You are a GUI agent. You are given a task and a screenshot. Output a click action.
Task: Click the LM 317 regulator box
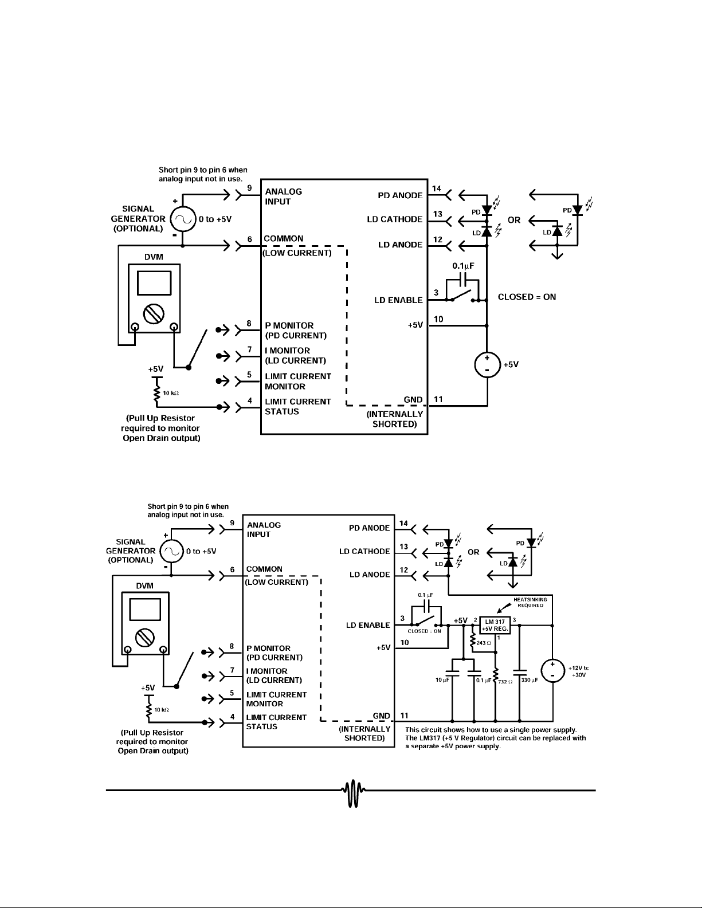click(495, 626)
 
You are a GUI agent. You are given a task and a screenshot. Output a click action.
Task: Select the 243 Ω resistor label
click(484, 643)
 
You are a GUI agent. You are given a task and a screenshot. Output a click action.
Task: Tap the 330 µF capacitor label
click(530, 680)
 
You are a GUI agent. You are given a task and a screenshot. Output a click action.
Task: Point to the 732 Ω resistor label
click(505, 682)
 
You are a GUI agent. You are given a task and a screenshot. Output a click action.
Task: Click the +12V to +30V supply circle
click(553, 670)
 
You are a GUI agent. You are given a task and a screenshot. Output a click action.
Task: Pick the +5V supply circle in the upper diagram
click(487, 364)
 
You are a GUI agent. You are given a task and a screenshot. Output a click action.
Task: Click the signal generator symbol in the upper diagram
click(183, 218)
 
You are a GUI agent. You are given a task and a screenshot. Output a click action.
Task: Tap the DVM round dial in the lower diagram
click(144, 637)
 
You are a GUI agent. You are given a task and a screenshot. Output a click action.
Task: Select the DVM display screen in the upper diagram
click(154, 283)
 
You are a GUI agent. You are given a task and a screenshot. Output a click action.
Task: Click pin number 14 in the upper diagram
click(436, 189)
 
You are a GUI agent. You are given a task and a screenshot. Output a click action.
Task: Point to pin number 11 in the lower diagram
click(404, 716)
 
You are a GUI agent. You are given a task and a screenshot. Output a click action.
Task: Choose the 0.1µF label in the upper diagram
click(464, 266)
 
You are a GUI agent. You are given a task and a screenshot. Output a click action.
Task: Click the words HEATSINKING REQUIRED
click(530, 602)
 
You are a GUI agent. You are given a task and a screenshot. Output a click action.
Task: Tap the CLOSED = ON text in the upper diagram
click(527, 297)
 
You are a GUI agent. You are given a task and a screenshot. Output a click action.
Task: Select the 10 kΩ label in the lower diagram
click(162, 710)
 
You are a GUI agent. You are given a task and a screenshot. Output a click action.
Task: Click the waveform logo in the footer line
click(354, 793)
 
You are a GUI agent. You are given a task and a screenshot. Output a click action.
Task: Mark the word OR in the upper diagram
click(514, 220)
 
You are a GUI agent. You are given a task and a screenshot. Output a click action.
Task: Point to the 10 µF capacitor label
click(442, 680)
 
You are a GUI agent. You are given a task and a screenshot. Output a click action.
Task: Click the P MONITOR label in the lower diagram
click(268, 648)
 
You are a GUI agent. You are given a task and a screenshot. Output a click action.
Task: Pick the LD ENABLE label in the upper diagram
click(399, 300)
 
